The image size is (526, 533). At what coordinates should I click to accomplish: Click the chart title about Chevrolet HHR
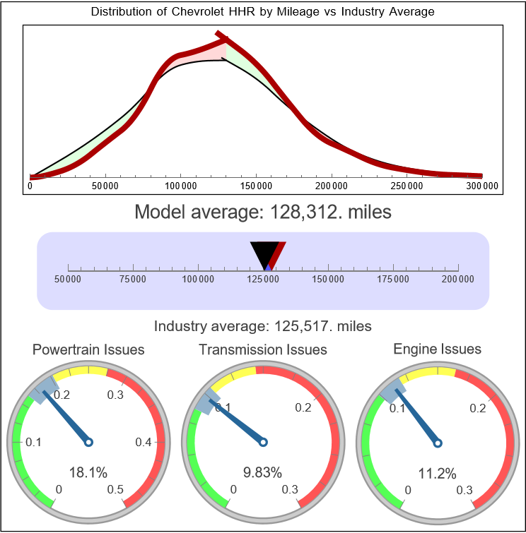coord(263,12)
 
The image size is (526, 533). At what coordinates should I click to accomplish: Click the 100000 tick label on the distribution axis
coord(180,186)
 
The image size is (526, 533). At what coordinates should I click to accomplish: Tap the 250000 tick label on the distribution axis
coord(407,186)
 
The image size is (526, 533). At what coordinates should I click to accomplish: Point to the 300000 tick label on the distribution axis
coord(483,186)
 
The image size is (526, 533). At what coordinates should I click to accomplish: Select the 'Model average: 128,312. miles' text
coord(263,212)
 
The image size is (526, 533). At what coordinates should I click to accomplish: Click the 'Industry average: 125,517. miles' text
coord(263,326)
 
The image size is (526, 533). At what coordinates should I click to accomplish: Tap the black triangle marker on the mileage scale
coord(264,253)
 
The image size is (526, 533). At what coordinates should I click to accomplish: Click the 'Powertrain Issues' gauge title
coord(88,349)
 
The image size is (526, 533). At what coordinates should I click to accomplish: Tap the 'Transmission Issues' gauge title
coord(263,349)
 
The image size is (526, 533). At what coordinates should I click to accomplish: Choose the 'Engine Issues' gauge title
coord(437,349)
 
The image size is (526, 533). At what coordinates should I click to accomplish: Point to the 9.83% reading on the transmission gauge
coord(262,472)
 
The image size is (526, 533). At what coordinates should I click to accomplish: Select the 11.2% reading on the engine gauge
coord(437,472)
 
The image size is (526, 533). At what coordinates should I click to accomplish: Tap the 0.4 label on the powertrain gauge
coord(144,443)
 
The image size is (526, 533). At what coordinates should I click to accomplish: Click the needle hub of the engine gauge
coord(437,443)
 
